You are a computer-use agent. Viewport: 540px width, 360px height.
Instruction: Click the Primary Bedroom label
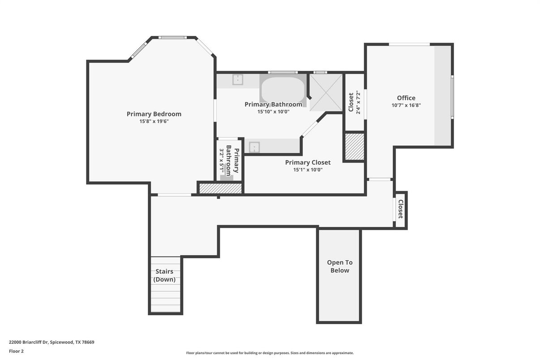pyautogui.click(x=154, y=114)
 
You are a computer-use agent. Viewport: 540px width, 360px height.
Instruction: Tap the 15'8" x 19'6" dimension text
pyautogui.click(x=154, y=121)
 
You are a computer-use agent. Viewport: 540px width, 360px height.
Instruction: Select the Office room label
pyautogui.click(x=406, y=98)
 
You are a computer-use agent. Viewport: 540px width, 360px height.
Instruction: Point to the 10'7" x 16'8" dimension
pyautogui.click(x=406, y=105)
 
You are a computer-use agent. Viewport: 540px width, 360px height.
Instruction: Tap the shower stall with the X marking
pyautogui.click(x=326, y=93)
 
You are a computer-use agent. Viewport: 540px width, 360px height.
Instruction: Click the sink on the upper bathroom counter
pyautogui.click(x=238, y=80)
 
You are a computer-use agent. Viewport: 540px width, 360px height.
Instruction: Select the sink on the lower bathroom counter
pyautogui.click(x=254, y=147)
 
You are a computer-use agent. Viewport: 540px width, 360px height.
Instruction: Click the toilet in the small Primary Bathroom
pyautogui.click(x=227, y=173)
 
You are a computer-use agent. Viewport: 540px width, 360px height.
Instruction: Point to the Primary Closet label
pyautogui.click(x=308, y=162)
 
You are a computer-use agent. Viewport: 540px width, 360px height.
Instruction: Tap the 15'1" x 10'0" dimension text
pyautogui.click(x=308, y=170)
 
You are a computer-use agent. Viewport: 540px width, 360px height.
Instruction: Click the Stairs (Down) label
pyautogui.click(x=164, y=275)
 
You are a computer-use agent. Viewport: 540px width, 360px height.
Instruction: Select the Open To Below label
pyautogui.click(x=340, y=266)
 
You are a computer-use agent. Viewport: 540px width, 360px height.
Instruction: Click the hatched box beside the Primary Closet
pyautogui.click(x=354, y=146)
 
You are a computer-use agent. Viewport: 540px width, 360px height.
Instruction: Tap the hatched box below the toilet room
pyautogui.click(x=220, y=189)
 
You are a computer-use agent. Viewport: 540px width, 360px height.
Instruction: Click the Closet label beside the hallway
pyautogui.click(x=400, y=209)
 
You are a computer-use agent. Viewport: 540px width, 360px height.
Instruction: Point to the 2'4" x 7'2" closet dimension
pyautogui.click(x=358, y=102)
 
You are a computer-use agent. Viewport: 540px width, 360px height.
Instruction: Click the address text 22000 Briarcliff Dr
pyautogui.click(x=29, y=342)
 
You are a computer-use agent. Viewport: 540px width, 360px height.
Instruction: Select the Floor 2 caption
pyautogui.click(x=16, y=351)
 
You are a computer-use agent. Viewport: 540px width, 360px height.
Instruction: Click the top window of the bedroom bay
pyautogui.click(x=172, y=37)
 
